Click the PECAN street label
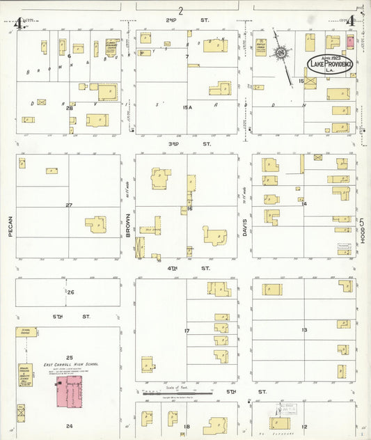click(x=12, y=230)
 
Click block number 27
click(x=69, y=205)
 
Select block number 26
click(x=70, y=292)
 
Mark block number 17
click(x=187, y=330)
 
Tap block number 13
click(x=304, y=329)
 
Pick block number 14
click(x=304, y=203)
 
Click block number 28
click(x=69, y=108)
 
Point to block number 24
click(x=69, y=425)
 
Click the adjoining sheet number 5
click(x=363, y=221)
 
